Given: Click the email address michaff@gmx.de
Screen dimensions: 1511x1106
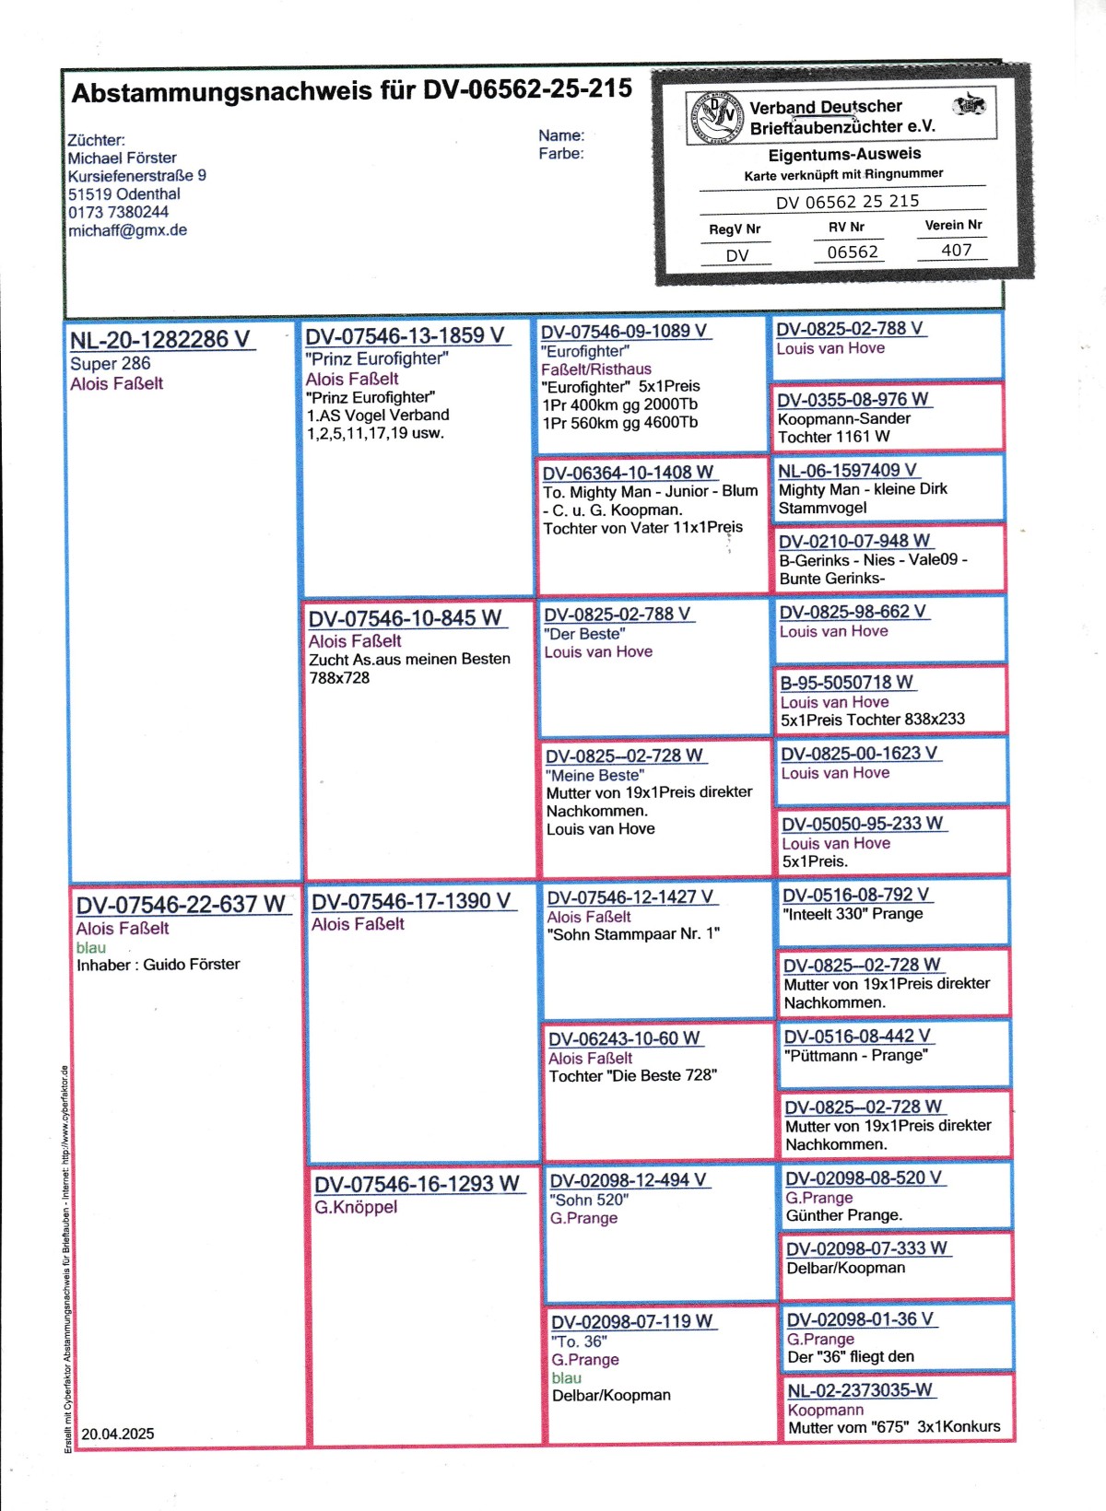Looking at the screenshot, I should [127, 230].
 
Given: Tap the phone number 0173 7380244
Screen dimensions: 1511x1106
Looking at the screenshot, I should [118, 212].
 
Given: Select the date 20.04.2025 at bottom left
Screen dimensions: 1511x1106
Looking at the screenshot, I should [118, 1434].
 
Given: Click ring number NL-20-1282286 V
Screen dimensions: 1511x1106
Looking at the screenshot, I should [160, 340].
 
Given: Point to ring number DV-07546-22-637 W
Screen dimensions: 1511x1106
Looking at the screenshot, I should [181, 905].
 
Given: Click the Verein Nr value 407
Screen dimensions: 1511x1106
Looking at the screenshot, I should [956, 250].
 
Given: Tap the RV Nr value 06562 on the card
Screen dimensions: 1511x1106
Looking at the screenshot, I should [853, 252].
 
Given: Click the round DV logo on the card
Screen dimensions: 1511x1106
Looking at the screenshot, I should [716, 118].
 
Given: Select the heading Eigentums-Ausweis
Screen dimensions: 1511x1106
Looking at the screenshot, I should [844, 154].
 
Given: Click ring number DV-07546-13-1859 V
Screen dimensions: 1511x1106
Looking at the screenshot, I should [406, 336].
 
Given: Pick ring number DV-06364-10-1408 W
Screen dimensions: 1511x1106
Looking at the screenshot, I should [628, 473].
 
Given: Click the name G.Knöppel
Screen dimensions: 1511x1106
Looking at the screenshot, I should [356, 1207].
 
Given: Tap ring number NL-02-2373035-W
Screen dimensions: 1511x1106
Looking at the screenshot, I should [859, 1390].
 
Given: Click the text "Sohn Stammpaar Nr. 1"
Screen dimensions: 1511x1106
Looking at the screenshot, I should [633, 934].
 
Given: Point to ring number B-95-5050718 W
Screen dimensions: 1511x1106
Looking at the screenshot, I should [847, 683].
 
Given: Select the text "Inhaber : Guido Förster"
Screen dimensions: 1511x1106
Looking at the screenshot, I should [158, 965].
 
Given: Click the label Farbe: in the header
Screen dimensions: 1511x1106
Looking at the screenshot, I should [561, 154].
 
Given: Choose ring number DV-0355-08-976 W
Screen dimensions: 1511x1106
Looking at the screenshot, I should [853, 400].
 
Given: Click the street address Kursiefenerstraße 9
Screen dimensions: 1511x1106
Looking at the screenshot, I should [136, 175].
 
